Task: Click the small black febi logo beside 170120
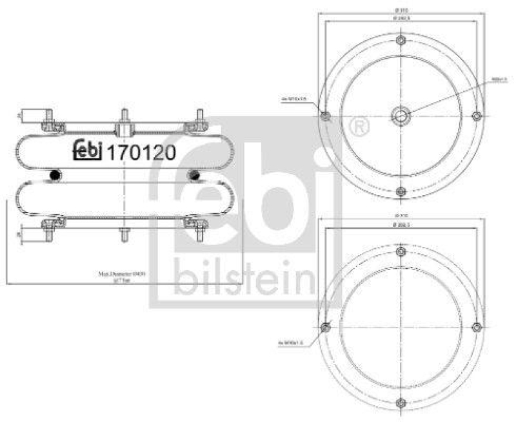pos(87,150)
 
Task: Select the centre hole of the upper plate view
pos(401,116)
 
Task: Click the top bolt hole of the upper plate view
pos(401,41)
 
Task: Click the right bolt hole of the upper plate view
pos(477,116)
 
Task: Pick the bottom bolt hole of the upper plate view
pos(401,191)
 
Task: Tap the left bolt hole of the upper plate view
pos(325,116)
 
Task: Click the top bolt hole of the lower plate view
pos(401,251)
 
